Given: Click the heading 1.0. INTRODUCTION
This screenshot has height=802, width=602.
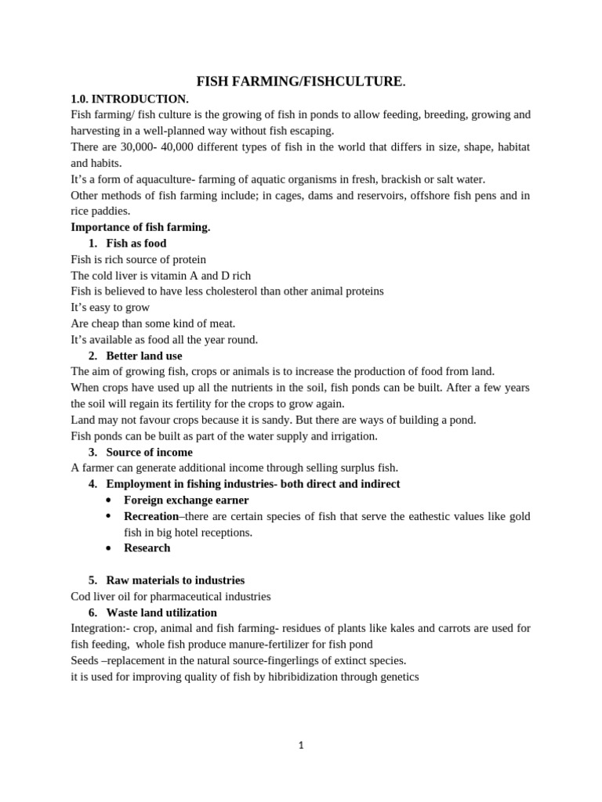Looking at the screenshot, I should coord(129,99).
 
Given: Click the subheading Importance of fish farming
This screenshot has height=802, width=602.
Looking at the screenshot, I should coord(140,227).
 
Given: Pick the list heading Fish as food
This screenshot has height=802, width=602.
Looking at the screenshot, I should coord(136,244).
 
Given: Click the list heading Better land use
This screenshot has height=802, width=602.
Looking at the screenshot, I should coord(144,356).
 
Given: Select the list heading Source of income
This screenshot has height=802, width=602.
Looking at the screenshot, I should coord(149,452).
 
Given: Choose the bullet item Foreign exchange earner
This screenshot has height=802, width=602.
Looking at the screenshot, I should coord(187,500).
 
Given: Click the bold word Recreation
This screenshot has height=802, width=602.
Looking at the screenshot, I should coord(151,516).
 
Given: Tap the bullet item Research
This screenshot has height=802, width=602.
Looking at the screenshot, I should coord(147,548).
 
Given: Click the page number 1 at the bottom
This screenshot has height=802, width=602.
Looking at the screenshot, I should coord(301,746).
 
